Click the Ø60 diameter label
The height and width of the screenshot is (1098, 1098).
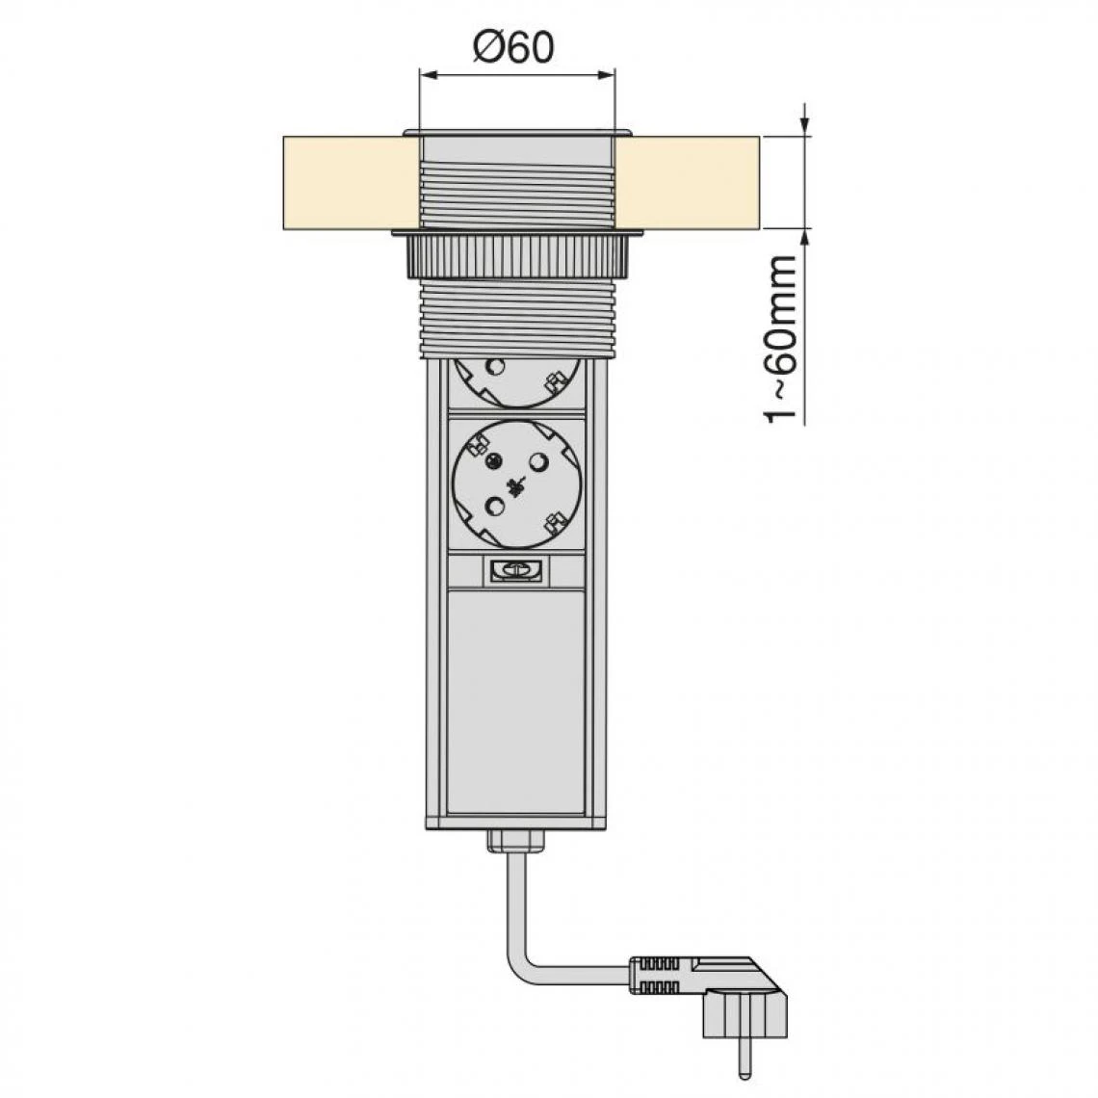click(513, 47)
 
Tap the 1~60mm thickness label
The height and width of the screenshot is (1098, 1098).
click(780, 340)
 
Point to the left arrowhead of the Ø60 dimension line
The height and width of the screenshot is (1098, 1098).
click(427, 74)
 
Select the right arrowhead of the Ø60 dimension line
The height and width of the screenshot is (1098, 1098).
click(607, 74)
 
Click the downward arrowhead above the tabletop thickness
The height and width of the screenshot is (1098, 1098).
click(805, 127)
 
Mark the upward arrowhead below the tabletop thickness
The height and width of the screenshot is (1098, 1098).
click(805, 237)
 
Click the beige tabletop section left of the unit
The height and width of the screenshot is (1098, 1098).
click(352, 182)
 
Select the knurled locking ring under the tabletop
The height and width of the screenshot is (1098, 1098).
click(517, 255)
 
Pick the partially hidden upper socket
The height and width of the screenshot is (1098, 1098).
click(517, 382)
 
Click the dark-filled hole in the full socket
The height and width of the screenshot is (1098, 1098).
click(493, 460)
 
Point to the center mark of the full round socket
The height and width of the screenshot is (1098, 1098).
click(517, 484)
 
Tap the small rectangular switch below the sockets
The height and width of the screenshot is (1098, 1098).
click(516, 570)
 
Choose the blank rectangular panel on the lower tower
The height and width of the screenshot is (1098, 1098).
click(516, 701)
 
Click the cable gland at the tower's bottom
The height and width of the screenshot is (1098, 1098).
click(516, 841)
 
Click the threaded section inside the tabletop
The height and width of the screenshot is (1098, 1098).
click(517, 196)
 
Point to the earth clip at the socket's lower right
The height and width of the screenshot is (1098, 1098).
click(557, 522)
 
